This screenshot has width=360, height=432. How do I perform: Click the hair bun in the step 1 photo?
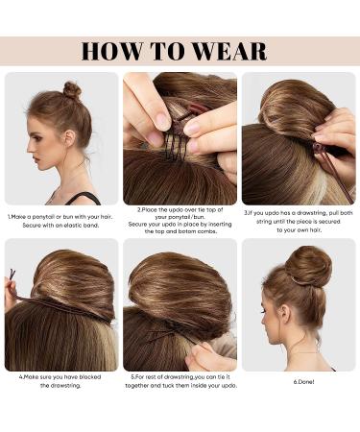pos(72,91)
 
